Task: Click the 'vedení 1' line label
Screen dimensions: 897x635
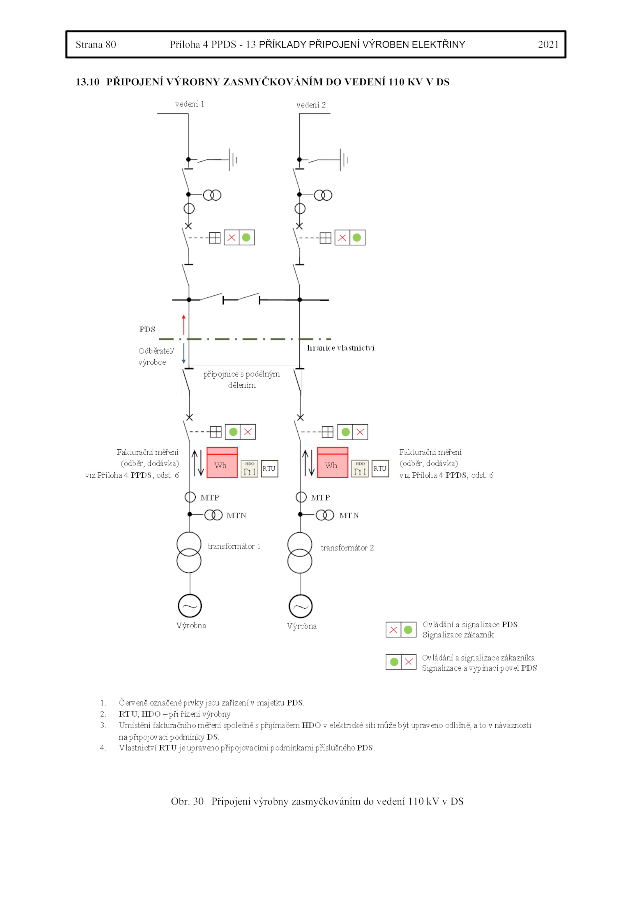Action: click(189, 104)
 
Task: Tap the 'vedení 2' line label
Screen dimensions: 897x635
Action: click(311, 105)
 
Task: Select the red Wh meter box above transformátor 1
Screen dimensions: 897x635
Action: click(222, 462)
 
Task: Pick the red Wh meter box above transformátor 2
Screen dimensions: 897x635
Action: click(333, 462)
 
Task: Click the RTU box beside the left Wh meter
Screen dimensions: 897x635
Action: click(269, 468)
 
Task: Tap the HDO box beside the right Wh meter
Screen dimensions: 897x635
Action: click(360, 468)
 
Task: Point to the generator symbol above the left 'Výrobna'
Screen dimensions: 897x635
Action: click(190, 606)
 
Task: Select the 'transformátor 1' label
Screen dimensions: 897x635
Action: click(234, 546)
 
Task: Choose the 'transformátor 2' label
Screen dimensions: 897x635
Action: click(347, 548)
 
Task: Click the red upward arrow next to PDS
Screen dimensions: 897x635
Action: click(183, 324)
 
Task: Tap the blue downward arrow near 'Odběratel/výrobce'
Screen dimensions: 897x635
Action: click(183, 354)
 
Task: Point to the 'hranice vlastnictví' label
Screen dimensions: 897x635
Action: click(341, 348)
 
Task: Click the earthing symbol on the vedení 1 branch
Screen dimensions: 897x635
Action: click(232, 160)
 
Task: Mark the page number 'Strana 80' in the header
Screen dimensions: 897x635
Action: click(96, 44)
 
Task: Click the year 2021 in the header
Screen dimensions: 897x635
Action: click(548, 44)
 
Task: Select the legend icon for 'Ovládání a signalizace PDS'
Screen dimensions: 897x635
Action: click(401, 630)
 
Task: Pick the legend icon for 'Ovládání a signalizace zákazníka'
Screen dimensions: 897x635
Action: click(401, 662)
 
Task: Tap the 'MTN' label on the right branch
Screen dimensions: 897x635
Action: click(349, 516)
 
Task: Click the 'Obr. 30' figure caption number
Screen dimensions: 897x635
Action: click(187, 801)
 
